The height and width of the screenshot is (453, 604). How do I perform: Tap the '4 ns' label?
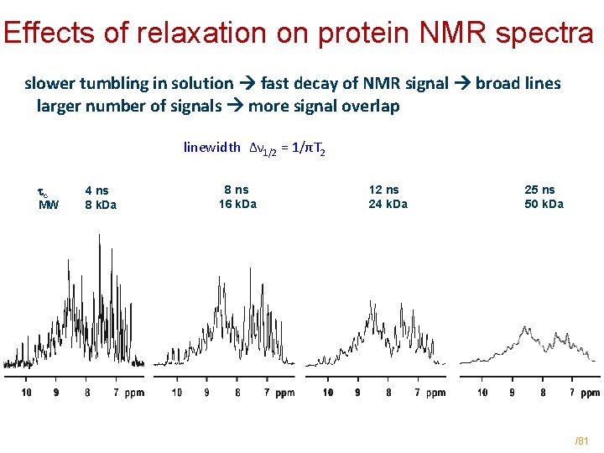[97, 190]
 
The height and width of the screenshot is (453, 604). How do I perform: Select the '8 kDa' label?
[101, 205]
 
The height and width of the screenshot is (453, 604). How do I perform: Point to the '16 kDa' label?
[237, 204]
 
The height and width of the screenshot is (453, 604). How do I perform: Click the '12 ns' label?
[384, 190]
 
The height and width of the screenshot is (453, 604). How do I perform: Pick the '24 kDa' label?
[388, 204]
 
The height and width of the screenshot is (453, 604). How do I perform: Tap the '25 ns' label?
[539, 190]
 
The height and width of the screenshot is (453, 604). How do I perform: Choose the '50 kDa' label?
[544, 204]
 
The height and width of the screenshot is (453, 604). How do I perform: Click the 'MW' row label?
[49, 205]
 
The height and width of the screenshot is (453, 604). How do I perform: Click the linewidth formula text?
[254, 148]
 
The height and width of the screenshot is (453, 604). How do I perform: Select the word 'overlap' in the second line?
[372, 106]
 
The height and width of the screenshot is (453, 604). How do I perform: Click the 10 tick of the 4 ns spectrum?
[26, 392]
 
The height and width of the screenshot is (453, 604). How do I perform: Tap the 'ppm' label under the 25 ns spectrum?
[591, 392]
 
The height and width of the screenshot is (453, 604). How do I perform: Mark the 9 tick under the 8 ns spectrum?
[207, 392]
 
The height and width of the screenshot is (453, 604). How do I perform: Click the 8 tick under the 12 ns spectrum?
[388, 392]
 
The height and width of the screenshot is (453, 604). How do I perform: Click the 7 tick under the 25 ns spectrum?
[572, 392]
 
